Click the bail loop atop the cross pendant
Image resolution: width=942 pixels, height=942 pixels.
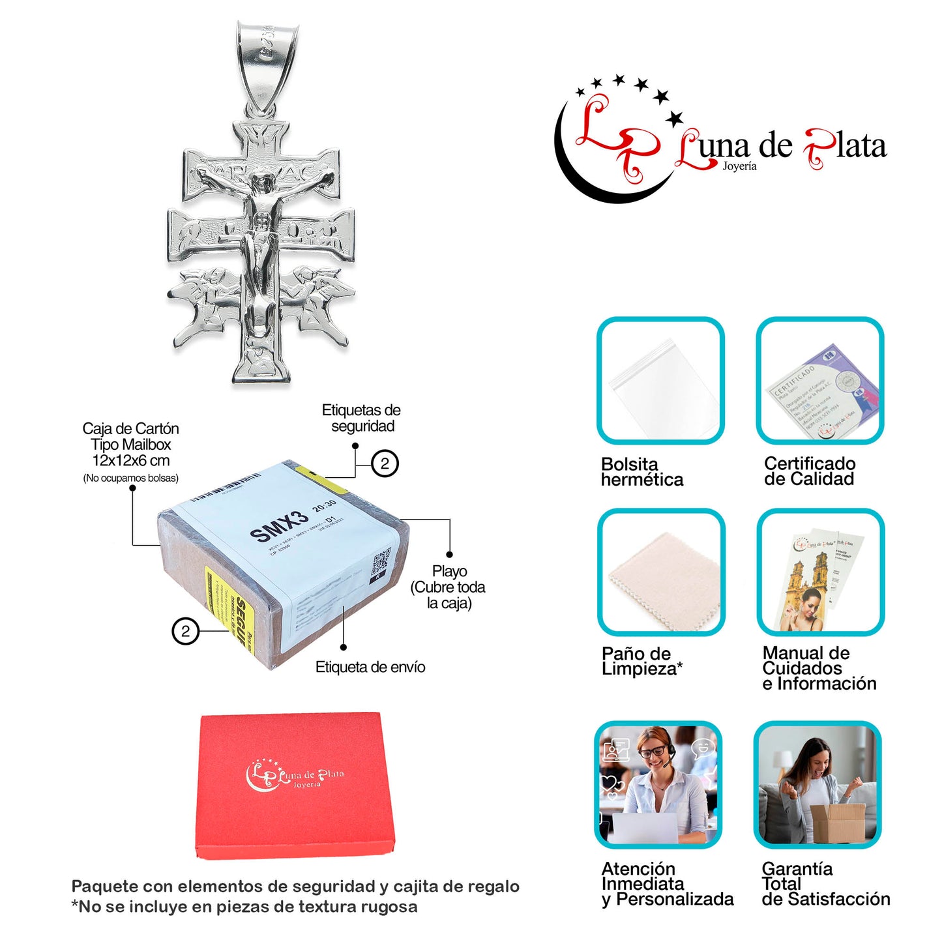[x=267, y=65]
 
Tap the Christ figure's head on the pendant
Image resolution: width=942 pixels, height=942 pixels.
[x=262, y=183]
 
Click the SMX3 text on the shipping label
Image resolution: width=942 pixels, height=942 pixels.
[x=279, y=526]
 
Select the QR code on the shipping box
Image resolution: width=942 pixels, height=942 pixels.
[x=380, y=563]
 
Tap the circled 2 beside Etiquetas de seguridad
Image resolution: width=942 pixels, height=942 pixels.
[x=385, y=464]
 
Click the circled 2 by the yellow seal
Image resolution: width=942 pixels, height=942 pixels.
[x=185, y=631]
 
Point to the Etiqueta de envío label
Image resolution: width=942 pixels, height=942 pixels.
[x=370, y=667]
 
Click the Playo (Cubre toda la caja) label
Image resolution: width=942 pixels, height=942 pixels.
[x=449, y=587]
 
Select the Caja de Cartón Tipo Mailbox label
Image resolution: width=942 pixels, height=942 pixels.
[x=130, y=445]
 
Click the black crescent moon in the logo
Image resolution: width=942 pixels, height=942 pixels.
[x=587, y=176]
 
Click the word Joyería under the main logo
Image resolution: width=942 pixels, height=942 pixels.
[x=739, y=166]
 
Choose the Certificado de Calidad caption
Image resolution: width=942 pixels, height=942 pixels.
[x=809, y=471]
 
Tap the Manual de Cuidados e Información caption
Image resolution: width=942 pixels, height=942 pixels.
[x=819, y=668]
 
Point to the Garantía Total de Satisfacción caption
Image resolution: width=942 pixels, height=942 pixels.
[x=825, y=884]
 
